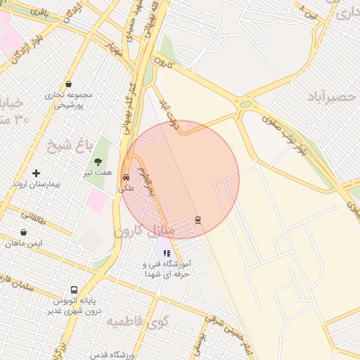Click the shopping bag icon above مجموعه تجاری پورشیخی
67,84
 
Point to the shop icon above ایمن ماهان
24,233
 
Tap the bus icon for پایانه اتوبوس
74,290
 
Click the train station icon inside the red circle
198,219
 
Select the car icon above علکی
127,178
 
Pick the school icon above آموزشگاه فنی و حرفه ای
167,253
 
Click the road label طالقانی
33,216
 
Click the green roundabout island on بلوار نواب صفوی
245,105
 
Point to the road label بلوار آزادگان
52,38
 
